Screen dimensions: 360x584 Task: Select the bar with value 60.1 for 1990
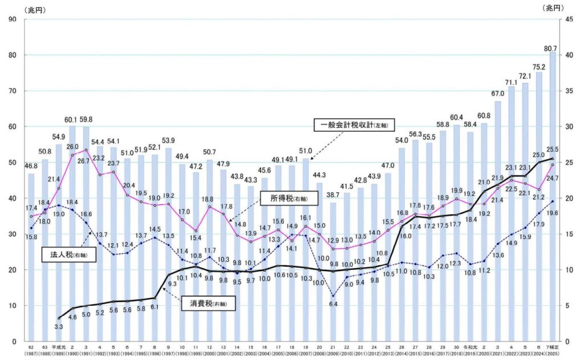(72, 233)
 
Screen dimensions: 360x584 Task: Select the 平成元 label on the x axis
(58, 346)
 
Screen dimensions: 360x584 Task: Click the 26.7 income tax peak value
(84, 160)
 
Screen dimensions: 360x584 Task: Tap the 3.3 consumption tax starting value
(58, 326)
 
